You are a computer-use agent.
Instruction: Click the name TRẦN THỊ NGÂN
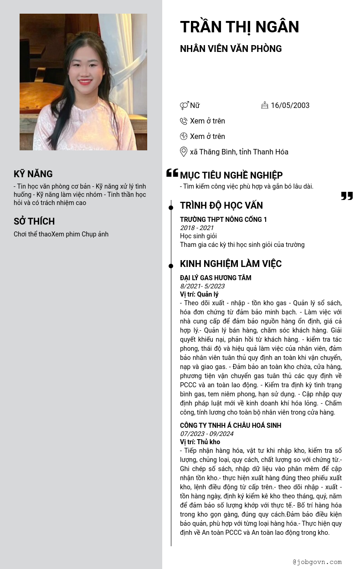tap(239, 27)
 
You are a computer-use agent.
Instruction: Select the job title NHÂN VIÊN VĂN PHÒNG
tap(231, 49)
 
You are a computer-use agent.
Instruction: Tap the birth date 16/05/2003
tap(290, 105)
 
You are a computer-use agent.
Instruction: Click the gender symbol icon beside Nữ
tap(184, 106)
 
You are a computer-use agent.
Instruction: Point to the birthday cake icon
tap(265, 105)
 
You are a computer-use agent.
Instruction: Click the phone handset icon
tap(184, 121)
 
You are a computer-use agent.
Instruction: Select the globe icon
tap(184, 136)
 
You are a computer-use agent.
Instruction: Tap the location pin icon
tap(184, 152)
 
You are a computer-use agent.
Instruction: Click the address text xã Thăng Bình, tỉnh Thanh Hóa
tap(239, 152)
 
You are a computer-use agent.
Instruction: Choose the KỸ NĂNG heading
tap(33, 174)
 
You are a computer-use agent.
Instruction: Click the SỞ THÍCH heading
tap(34, 221)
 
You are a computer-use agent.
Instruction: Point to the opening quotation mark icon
tap(172, 173)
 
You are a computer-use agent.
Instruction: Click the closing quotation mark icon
tap(347, 196)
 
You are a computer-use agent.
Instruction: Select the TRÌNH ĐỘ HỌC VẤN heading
tap(221, 205)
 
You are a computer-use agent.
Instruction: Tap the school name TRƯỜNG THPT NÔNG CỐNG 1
tap(223, 220)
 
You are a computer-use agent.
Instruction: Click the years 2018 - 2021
tap(197, 228)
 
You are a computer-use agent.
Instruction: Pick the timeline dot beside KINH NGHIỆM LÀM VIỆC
tap(171, 266)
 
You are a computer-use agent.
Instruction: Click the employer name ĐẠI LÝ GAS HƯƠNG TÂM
tap(216, 278)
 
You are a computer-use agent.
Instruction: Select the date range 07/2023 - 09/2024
tap(206, 434)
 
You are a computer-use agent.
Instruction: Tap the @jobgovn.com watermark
tap(317, 562)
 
